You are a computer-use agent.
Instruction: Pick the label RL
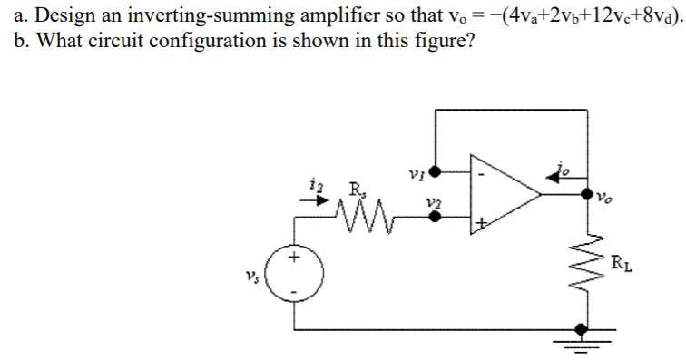pyautogui.click(x=617, y=265)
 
